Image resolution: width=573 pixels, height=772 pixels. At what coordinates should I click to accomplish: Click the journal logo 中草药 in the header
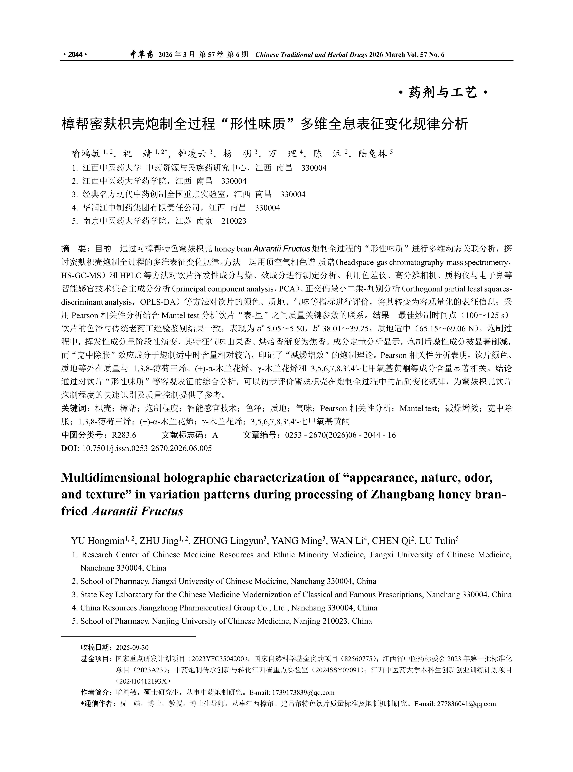[x=141, y=54]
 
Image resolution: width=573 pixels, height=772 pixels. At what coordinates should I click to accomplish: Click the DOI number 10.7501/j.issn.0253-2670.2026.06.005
[x=147, y=448]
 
